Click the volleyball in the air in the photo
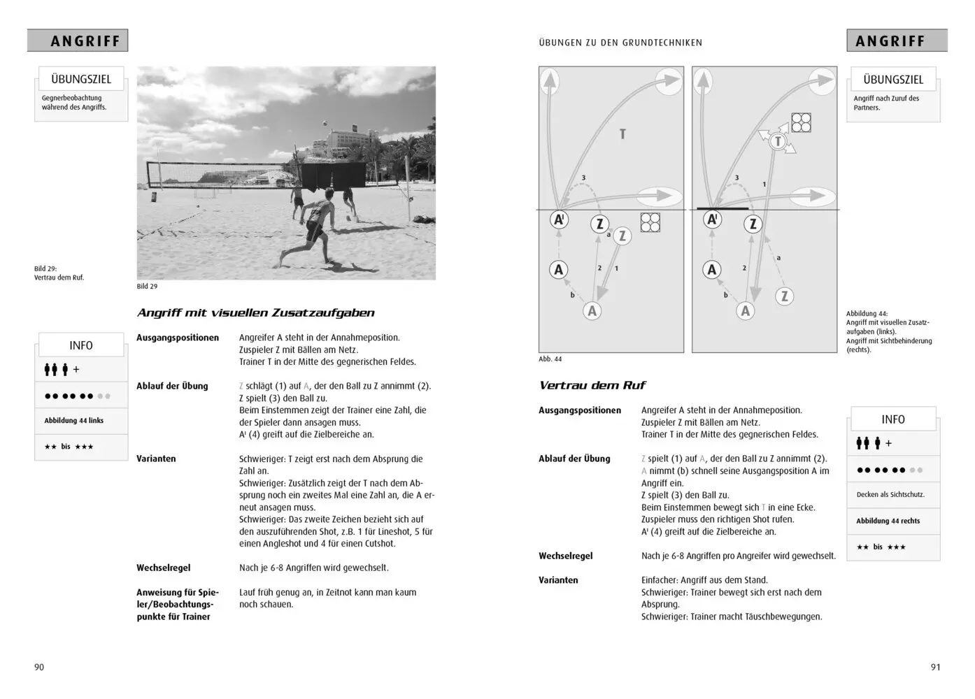point(323,123)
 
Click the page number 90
point(39,667)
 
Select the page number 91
point(935,667)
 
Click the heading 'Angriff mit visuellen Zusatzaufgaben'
point(255,313)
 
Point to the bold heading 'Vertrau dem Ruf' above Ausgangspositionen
point(592,385)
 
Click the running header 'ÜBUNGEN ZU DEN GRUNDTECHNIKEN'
point(620,43)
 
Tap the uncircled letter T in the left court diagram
point(622,134)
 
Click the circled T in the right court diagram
point(777,142)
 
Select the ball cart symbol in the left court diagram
point(650,222)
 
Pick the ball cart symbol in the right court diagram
point(801,123)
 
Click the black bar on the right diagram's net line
point(723,208)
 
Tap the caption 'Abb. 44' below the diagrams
point(550,359)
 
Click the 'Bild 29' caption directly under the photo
point(147,287)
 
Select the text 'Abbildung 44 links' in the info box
point(73,421)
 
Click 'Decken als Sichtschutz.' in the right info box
point(890,495)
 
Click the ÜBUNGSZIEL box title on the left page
point(81,80)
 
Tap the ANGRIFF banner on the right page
point(890,41)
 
